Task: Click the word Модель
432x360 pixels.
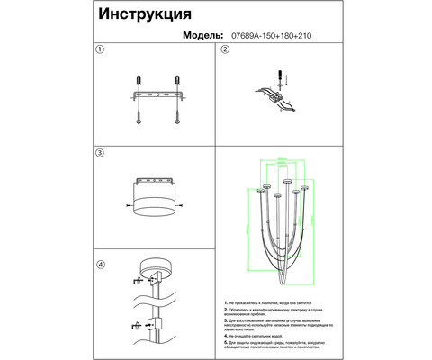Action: (x=210, y=37)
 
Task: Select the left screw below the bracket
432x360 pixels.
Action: (x=141, y=112)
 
